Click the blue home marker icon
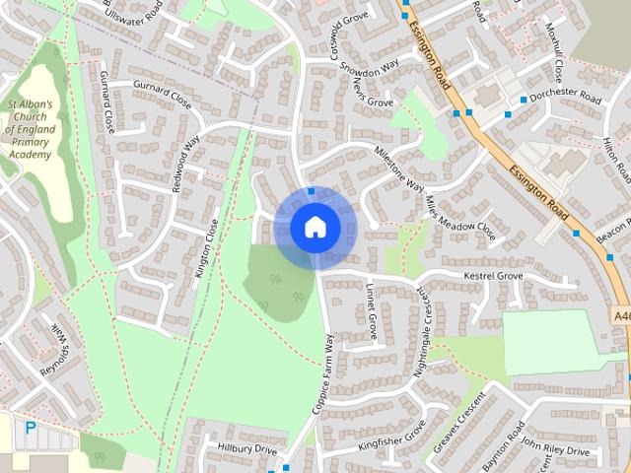point(315,227)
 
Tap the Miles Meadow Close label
point(460,217)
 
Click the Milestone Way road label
point(398,168)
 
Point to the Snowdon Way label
point(369,66)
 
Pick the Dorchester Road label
point(564,99)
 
